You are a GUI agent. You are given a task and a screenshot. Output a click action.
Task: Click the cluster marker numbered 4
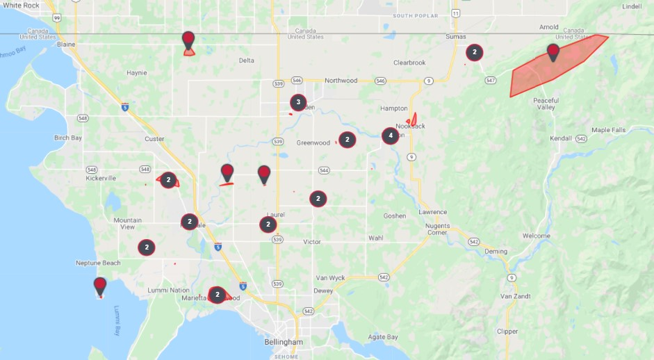coord(391,136)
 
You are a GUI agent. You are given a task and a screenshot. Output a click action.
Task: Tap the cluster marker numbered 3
coord(298,103)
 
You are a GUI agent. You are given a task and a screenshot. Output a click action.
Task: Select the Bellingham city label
coord(284,343)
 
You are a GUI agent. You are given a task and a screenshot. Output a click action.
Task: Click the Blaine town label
coord(67,44)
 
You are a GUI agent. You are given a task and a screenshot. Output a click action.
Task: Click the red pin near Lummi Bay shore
coord(100,285)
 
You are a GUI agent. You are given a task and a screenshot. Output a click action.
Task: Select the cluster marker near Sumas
coord(475,52)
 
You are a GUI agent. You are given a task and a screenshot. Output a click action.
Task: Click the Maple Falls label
coord(609,130)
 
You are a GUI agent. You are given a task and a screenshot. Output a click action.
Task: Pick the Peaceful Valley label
coord(546,104)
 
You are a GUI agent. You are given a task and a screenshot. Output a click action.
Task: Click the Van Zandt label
coord(516,296)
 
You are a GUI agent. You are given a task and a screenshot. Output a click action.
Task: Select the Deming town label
coord(496,251)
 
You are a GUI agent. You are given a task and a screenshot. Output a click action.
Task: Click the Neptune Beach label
coord(98,263)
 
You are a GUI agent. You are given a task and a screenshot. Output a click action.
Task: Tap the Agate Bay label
coord(383,337)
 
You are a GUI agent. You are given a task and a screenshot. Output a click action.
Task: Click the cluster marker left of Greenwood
coord(347,140)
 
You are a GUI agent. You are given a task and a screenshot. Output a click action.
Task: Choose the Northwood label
coord(341,81)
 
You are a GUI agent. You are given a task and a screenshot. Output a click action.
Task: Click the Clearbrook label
coord(409,63)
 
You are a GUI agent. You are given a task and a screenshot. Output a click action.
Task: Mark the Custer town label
coord(154,139)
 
